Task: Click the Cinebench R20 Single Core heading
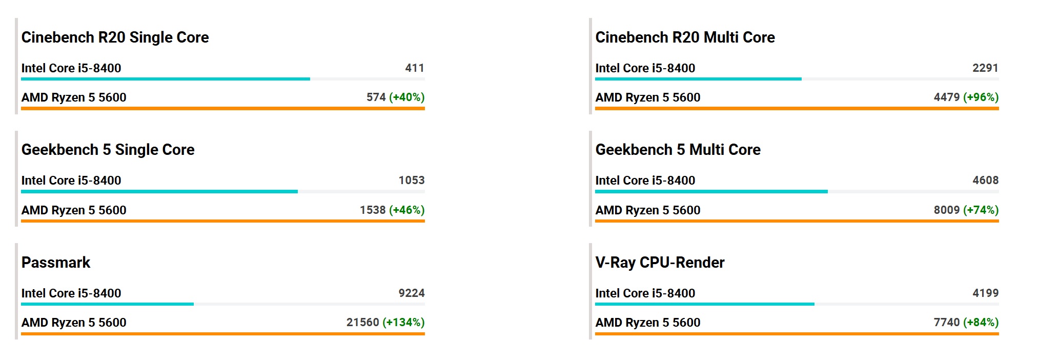click(x=115, y=37)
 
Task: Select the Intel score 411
click(x=414, y=68)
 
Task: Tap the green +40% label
click(x=406, y=97)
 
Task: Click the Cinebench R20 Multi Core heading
click(x=685, y=37)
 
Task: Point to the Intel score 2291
click(x=985, y=68)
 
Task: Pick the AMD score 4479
click(x=946, y=97)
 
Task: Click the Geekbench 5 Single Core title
click(x=108, y=150)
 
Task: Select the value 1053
click(x=411, y=180)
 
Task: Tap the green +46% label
click(x=406, y=210)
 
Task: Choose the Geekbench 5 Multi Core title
click(x=678, y=150)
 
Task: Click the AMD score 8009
click(x=946, y=210)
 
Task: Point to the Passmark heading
click(x=55, y=263)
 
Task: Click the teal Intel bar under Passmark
click(x=107, y=304)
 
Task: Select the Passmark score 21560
click(x=362, y=322)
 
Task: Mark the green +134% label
click(x=403, y=322)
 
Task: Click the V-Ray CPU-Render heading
click(x=660, y=263)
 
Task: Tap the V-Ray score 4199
click(x=985, y=293)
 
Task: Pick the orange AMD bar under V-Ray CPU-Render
click(x=797, y=334)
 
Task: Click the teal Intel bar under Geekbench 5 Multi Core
click(x=711, y=192)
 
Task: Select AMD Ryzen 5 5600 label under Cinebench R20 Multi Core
click(x=647, y=97)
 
